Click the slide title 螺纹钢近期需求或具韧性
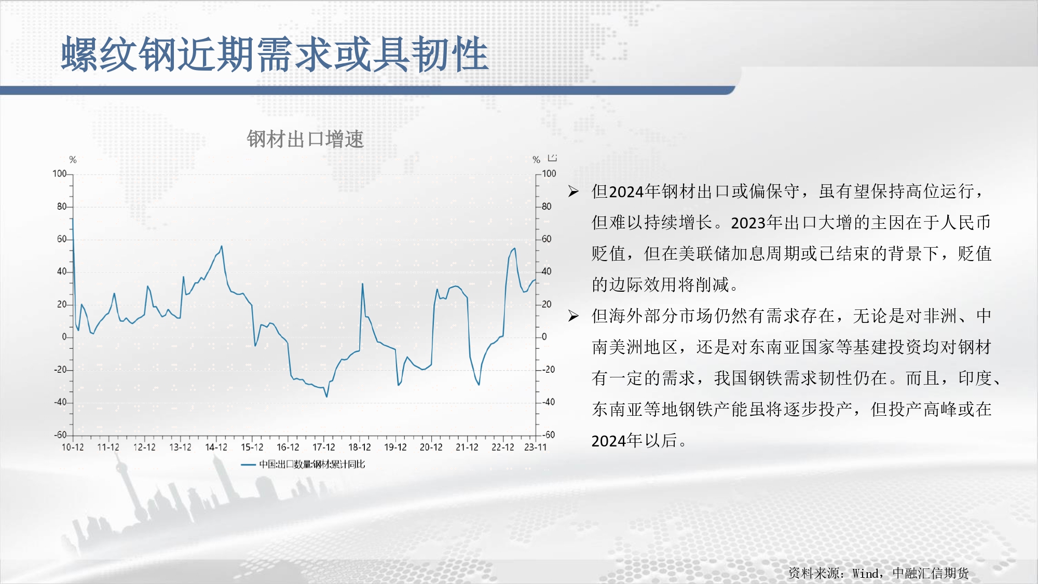click(x=275, y=54)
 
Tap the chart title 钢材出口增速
click(x=305, y=139)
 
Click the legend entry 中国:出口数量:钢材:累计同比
click(x=312, y=464)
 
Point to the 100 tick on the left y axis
click(x=60, y=173)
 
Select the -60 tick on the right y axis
click(x=549, y=434)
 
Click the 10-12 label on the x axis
click(x=73, y=447)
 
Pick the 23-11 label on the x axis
click(x=536, y=447)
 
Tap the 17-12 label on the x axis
click(x=324, y=447)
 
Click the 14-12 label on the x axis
click(x=216, y=447)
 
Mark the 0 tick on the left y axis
click(x=64, y=336)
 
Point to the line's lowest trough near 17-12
click(x=326, y=397)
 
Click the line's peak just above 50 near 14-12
click(x=222, y=246)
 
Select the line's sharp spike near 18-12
click(x=362, y=283)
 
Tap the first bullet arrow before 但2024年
click(x=573, y=192)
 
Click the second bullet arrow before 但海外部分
click(x=573, y=316)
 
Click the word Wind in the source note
click(x=865, y=573)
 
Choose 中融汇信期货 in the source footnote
click(x=931, y=573)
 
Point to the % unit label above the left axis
click(x=73, y=159)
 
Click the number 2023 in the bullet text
click(x=748, y=223)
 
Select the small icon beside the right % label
click(x=552, y=157)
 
